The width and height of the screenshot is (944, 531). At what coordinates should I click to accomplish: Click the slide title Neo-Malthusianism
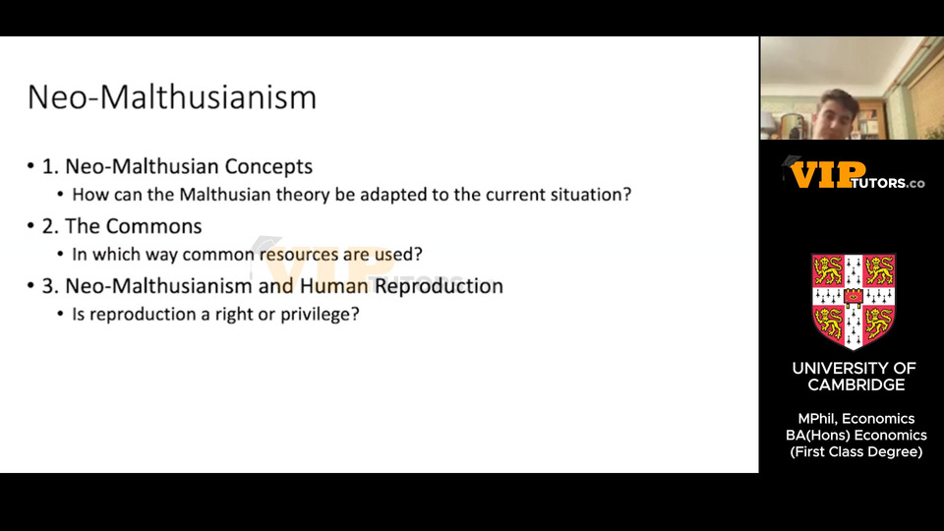tap(172, 97)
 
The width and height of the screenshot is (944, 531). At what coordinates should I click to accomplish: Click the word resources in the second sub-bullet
tap(299, 255)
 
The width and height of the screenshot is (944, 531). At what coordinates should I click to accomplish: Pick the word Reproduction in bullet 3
tap(439, 286)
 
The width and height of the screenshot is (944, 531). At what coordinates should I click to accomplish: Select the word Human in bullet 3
tap(334, 286)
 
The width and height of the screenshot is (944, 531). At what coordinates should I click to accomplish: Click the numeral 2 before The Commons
tap(47, 226)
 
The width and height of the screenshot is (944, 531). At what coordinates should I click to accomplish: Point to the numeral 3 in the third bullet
tap(47, 286)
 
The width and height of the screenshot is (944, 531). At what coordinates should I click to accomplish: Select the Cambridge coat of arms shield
tap(854, 301)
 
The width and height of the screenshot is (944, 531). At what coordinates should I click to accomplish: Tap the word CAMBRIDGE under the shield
tap(856, 385)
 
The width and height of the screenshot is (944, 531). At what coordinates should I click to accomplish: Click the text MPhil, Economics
tap(856, 419)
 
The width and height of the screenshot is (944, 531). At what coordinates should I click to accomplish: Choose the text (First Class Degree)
tap(856, 452)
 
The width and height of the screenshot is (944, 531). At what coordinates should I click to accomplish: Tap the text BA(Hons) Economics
tap(856, 436)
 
